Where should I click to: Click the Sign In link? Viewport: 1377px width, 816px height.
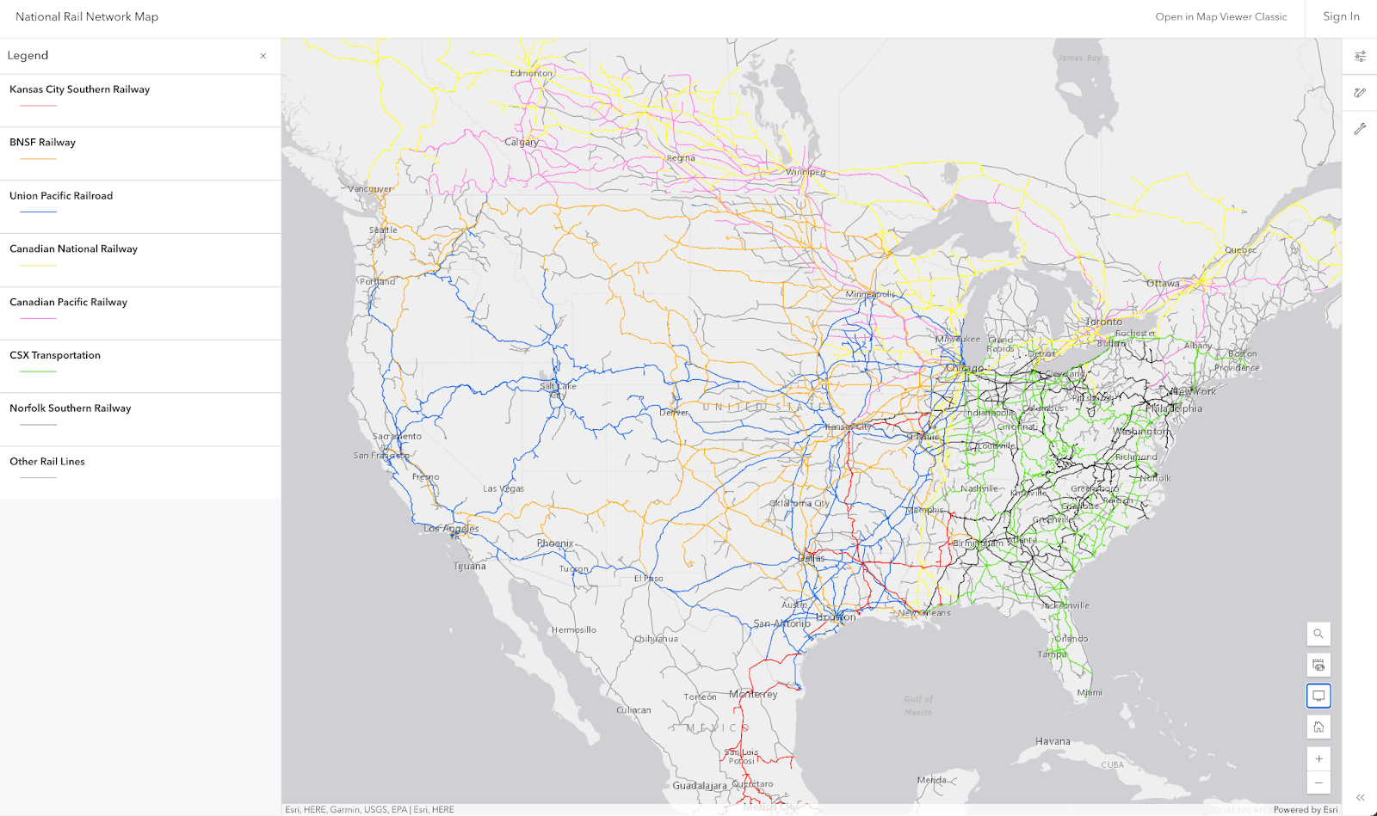(1341, 16)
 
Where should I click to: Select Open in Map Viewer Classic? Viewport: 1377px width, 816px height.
(1220, 16)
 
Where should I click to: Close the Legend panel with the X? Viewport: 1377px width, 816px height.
(263, 56)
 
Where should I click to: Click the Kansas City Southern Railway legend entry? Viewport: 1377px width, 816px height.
(79, 89)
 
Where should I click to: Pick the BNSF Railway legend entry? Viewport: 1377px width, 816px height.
(42, 143)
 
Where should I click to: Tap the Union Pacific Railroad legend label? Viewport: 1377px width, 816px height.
(61, 196)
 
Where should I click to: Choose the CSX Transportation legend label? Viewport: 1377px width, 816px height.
(55, 355)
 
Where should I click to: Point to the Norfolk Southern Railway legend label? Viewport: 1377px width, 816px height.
(70, 408)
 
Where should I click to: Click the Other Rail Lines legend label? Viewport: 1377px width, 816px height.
(47, 462)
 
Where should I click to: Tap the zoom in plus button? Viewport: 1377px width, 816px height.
(1318, 758)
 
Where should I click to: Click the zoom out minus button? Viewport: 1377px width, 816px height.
(1318, 782)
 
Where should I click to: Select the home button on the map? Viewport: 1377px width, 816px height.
(1318, 727)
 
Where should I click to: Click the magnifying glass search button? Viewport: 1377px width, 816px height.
(1318, 634)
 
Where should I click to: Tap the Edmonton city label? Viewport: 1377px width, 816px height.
(531, 73)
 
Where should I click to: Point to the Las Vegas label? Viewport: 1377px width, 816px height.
(503, 488)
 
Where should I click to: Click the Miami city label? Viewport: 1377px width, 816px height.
(1089, 692)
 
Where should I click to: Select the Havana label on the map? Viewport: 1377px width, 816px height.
(1053, 741)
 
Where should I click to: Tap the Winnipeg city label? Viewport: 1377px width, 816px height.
(805, 172)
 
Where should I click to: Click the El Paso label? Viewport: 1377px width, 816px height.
(648, 579)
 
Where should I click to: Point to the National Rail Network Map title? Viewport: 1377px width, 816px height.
(87, 16)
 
